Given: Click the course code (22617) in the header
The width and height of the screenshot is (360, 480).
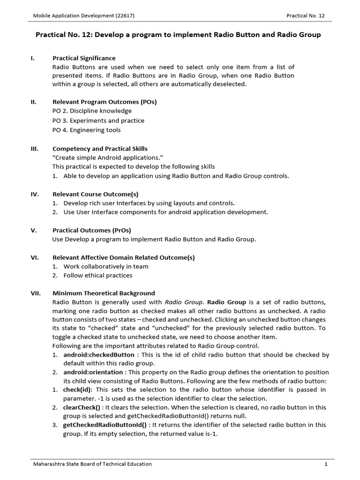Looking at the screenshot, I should [x=125, y=15].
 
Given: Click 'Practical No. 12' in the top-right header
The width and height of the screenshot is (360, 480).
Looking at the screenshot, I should [x=305, y=15].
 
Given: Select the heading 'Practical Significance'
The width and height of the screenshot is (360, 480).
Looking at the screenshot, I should [x=84, y=58].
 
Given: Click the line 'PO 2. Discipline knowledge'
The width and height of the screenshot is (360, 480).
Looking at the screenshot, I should [x=92, y=111].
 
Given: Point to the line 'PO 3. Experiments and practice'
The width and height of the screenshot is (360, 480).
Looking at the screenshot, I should [x=98, y=120].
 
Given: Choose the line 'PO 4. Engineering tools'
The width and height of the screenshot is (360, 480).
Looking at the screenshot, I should [x=86, y=130].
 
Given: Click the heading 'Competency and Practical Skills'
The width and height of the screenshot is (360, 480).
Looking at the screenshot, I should [x=100, y=149].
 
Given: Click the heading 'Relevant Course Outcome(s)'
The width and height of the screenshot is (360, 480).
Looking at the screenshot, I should [x=95, y=194].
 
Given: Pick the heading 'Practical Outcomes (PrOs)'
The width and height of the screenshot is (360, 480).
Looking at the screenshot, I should [x=92, y=230].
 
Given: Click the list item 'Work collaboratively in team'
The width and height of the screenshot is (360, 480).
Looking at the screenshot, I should [x=106, y=266].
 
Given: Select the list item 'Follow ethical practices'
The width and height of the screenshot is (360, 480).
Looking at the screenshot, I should [x=98, y=276].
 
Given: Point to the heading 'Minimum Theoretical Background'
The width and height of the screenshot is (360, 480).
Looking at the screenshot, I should [x=104, y=293].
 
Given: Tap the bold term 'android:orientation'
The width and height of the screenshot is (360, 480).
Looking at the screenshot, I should [x=93, y=372].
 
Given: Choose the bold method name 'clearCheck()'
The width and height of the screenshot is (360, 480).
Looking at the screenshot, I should [x=82, y=407].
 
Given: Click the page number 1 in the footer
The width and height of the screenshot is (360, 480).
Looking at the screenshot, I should [x=325, y=464].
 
